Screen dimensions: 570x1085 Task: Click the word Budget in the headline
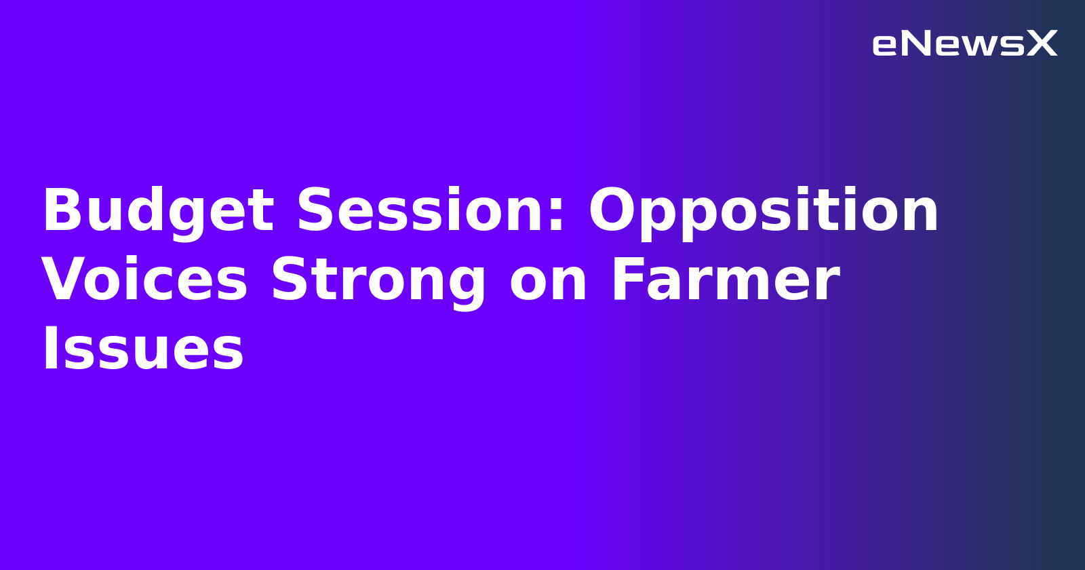coord(158,212)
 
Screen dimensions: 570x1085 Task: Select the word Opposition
coord(764,212)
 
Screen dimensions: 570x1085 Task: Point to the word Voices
coord(144,280)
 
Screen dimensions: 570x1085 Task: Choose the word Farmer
coord(725,280)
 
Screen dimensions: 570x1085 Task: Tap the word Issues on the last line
coord(143,349)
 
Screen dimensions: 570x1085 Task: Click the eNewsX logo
coord(964,44)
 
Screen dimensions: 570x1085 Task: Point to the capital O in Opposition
coord(613,211)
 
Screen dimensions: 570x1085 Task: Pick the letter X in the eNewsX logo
coord(1042,44)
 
